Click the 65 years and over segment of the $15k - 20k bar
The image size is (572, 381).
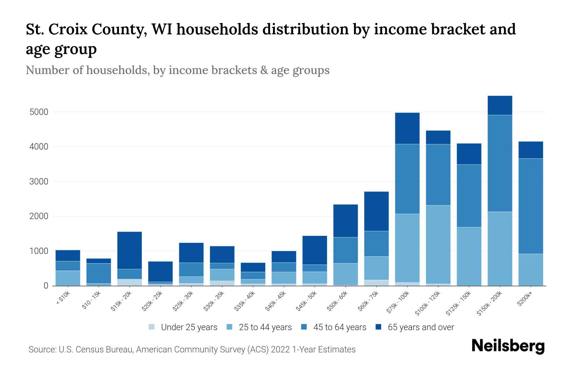click(129, 250)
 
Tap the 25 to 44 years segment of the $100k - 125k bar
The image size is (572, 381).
click(438, 244)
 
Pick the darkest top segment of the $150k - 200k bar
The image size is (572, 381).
click(500, 105)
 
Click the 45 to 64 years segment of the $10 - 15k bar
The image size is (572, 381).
click(99, 273)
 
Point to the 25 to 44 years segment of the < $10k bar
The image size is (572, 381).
click(68, 278)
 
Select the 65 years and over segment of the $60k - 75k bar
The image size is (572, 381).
click(376, 211)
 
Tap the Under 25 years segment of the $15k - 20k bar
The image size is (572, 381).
click(129, 282)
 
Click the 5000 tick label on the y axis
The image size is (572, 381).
click(39, 112)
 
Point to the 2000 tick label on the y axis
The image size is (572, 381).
click(39, 216)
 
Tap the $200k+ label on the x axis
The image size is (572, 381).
click(525, 300)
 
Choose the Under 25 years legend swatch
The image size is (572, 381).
click(152, 327)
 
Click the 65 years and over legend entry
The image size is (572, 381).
click(420, 327)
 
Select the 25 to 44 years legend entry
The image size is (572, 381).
click(265, 327)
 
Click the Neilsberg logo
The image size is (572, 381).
click(508, 346)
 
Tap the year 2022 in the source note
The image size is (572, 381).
click(281, 350)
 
